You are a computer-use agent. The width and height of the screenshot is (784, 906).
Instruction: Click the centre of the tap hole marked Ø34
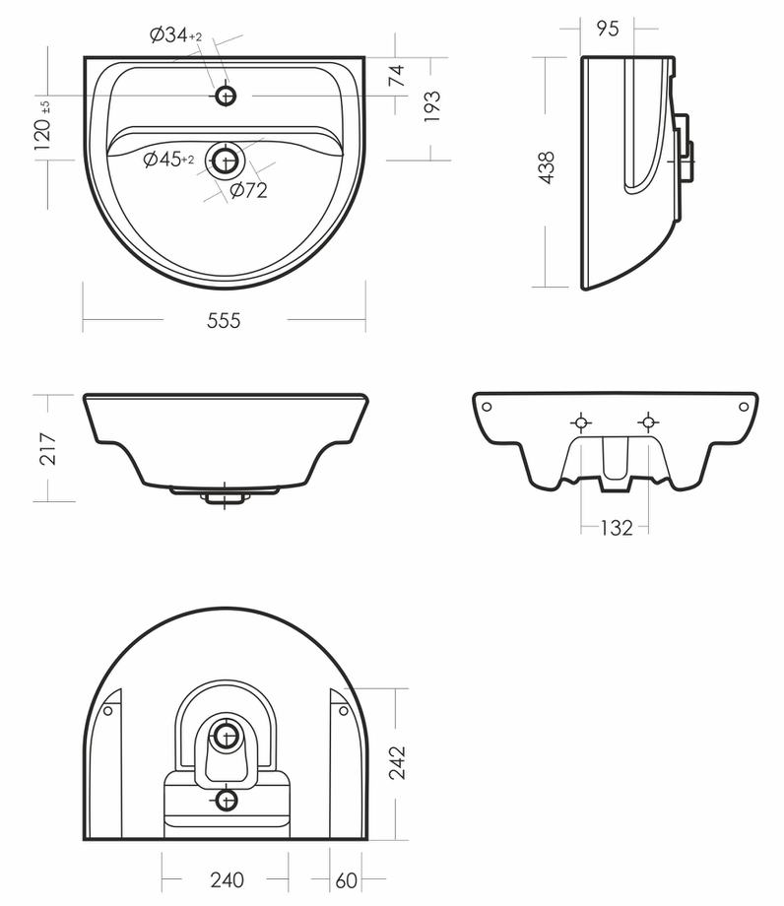coord(226,96)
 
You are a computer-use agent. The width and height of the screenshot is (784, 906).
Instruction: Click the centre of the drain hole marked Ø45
coord(226,161)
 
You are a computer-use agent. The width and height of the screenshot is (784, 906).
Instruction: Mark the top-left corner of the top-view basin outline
coord(85,57)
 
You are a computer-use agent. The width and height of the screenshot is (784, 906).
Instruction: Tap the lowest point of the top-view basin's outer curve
coord(226,288)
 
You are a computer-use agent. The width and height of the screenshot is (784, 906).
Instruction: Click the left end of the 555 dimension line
coord(83,319)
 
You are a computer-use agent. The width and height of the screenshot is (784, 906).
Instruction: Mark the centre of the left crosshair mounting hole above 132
coord(581,422)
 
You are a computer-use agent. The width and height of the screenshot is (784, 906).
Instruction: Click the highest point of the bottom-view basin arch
coord(226,608)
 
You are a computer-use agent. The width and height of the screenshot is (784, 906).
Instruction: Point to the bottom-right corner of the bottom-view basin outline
coord(366,839)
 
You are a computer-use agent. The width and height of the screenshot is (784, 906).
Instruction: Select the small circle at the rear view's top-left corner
coord(487,407)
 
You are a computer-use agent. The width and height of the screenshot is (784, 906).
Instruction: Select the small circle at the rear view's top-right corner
coord(745,407)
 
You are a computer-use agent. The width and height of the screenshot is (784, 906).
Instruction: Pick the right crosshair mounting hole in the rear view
coord(648,422)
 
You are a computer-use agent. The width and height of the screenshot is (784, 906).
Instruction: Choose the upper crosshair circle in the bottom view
coord(226,737)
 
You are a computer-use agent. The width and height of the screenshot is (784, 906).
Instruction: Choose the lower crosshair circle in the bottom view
coord(226,801)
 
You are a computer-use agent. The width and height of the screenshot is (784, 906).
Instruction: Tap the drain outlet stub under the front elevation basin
coord(225,498)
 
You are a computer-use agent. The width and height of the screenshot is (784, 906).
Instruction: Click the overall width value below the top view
coord(224,320)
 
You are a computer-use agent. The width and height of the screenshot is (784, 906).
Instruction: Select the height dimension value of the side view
coord(547,167)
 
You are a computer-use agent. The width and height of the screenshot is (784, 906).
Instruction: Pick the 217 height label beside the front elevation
coord(47,448)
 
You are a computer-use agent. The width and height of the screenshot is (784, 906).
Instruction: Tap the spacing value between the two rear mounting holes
coord(617,528)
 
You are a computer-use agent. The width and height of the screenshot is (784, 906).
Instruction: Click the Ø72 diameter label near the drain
coord(249,189)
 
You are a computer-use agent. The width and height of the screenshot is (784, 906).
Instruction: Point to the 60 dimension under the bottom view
coord(346,880)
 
